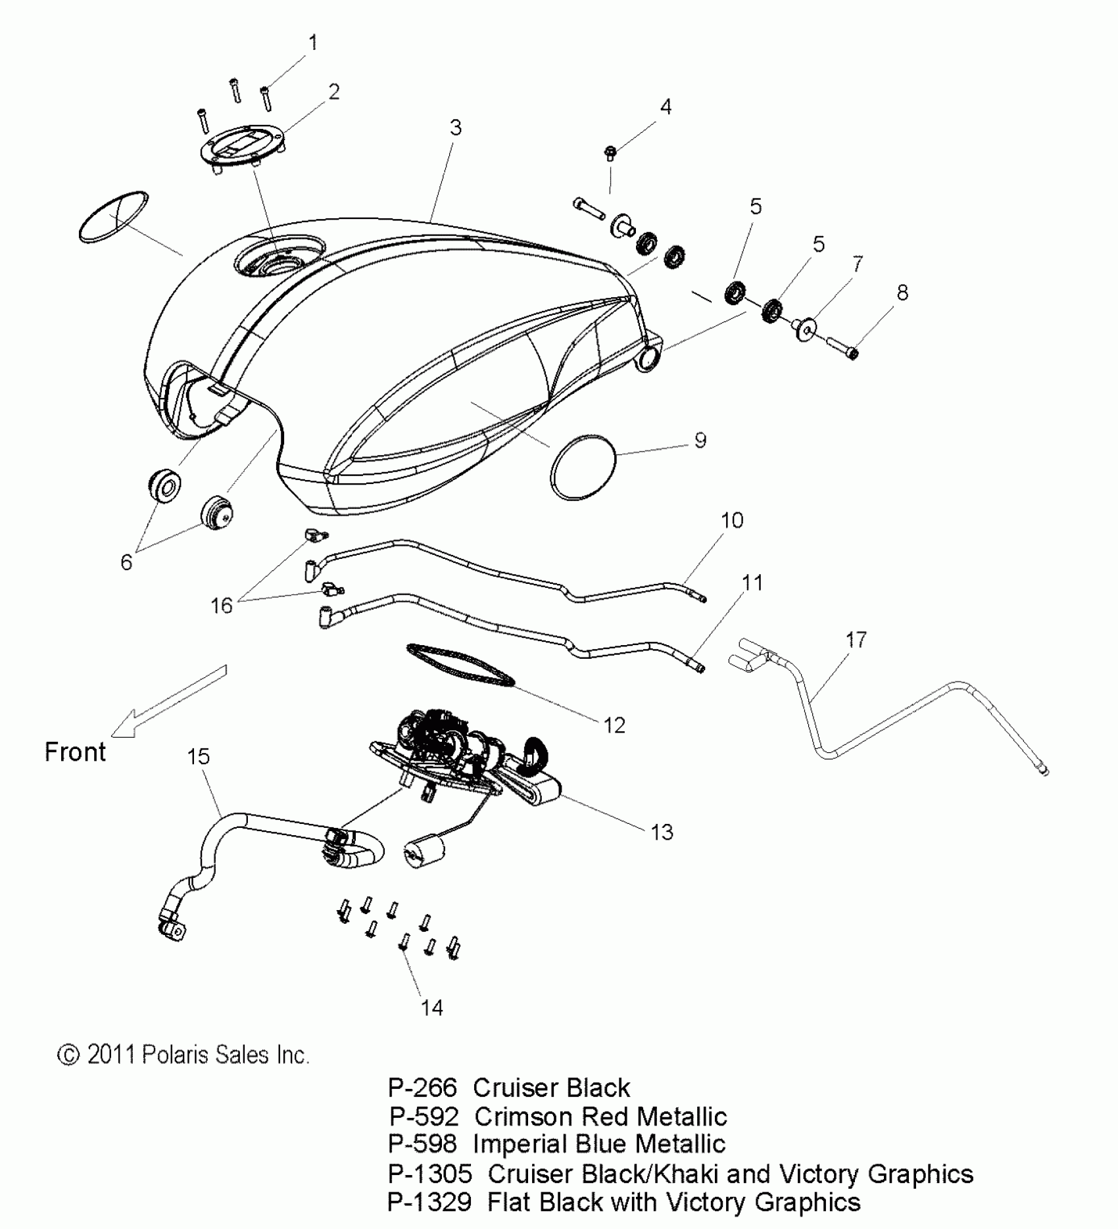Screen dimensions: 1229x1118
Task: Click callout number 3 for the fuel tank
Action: pos(456,128)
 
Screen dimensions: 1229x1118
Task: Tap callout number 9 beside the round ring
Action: pos(700,440)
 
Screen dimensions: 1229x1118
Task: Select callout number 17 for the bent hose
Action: pos(856,639)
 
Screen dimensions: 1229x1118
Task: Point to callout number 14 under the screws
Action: pos(432,1007)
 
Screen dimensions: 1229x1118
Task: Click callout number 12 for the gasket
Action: pos(614,725)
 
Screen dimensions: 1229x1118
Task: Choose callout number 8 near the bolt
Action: pos(902,293)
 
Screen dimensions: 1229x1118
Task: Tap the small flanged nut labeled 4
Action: pos(610,153)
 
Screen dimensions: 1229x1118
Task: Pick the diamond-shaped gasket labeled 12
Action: pos(460,666)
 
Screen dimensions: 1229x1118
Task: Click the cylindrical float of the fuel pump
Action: pos(420,853)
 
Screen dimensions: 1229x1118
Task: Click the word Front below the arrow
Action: pos(75,752)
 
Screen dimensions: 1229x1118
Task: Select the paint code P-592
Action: pos(424,1117)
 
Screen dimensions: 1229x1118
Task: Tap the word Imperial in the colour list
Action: pos(518,1145)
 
